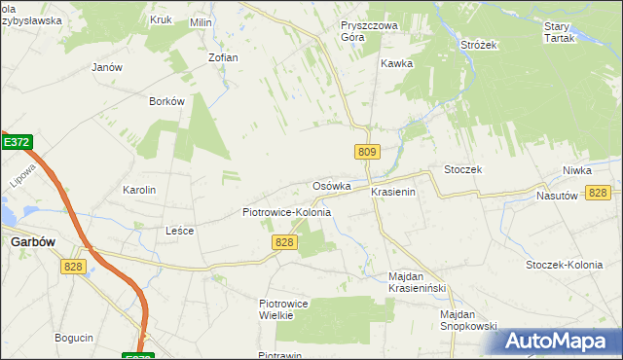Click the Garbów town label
point(30,242)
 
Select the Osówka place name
point(331,186)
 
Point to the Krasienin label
point(393,193)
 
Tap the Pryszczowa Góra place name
point(365,32)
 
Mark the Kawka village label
point(397,63)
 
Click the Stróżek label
point(479,44)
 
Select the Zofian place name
point(223,57)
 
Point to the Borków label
point(166,101)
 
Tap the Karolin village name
point(138,190)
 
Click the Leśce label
point(180,231)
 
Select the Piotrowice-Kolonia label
point(286,212)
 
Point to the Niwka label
point(576,170)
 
